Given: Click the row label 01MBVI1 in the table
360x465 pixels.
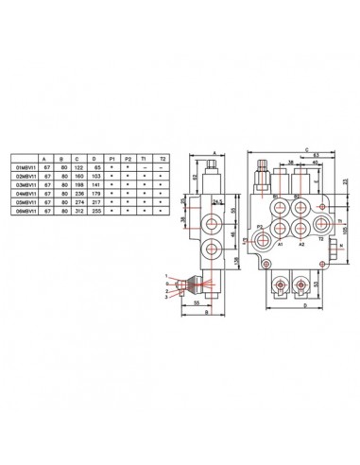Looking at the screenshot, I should [x=20, y=166].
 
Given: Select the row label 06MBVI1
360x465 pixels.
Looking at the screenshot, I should [x=20, y=209].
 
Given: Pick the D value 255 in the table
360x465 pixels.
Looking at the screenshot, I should [x=94, y=209].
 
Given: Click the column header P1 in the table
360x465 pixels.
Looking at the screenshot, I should [x=112, y=158].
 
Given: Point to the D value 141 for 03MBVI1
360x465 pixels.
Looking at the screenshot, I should [x=94, y=183].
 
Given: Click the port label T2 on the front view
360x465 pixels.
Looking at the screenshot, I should [x=321, y=240].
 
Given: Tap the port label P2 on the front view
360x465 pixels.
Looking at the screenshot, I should [x=259, y=228].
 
